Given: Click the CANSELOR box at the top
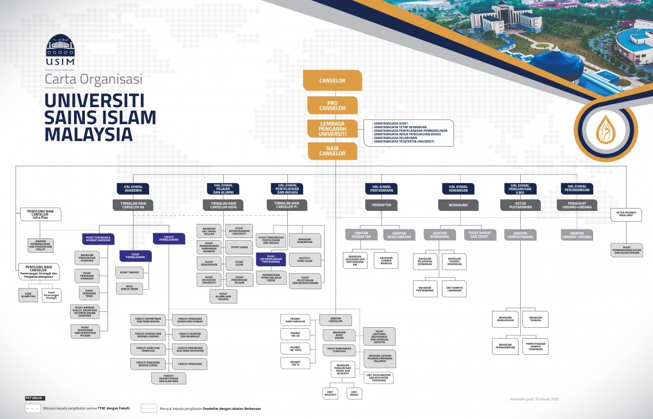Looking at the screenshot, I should [332, 81].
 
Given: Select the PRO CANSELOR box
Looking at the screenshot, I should [332, 105].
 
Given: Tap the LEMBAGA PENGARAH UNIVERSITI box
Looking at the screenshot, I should [332, 129].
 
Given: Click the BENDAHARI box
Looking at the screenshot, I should [458, 205].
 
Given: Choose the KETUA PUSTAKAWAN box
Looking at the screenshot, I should [520, 205].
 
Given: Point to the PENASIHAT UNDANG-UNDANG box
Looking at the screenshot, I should [576, 205].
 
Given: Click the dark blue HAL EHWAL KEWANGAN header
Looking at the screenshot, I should [458, 188].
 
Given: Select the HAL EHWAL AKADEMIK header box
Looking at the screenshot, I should [133, 188].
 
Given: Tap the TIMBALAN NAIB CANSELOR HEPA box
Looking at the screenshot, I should [223, 205].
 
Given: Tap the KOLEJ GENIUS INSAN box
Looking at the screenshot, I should [129, 287].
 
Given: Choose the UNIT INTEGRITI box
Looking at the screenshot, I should [330, 393].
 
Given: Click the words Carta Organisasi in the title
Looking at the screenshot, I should [93, 79].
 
